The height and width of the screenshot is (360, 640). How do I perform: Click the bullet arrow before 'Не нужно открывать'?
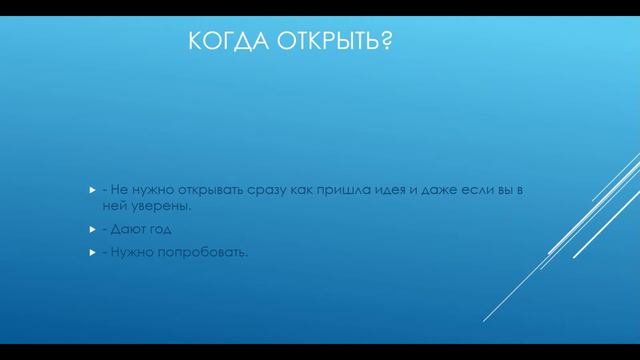point(90,190)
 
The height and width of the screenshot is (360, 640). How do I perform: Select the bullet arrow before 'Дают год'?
point(90,230)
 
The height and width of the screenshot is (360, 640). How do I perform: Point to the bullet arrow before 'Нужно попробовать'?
point(90,251)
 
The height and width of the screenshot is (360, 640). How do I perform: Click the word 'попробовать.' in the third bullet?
point(205,251)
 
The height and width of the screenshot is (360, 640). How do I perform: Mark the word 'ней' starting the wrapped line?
point(113,207)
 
